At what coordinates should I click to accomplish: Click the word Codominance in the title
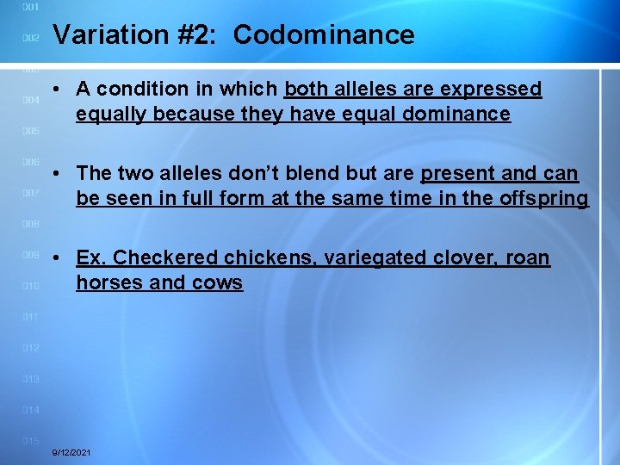point(324,35)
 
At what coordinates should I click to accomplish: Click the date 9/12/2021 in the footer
point(72,453)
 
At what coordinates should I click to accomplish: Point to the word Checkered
point(166,258)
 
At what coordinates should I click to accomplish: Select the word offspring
point(544,199)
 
